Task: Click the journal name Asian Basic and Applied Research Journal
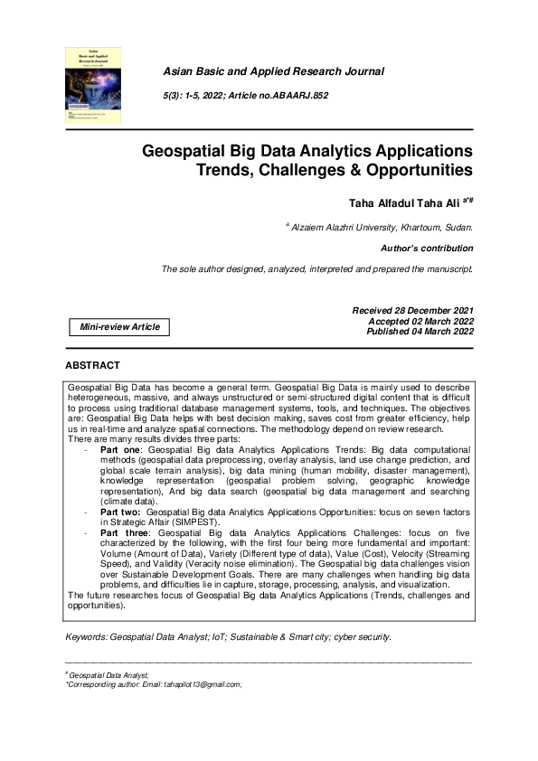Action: coord(272,70)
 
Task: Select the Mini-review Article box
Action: coord(118,326)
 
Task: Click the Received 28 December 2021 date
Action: coord(411,311)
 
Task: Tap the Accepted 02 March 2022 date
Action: coord(420,321)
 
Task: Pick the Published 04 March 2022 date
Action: coord(419,331)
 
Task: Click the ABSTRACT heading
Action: coord(92,365)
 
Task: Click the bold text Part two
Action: coord(120,512)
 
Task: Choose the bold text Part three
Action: coord(124,534)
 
